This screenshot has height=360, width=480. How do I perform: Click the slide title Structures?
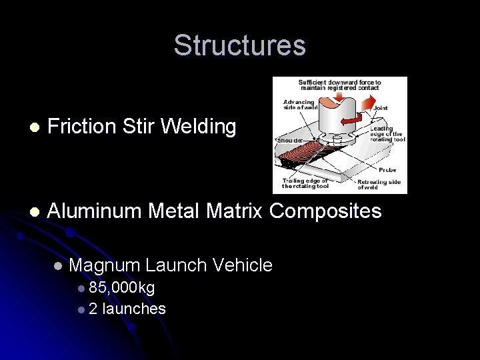coord(239,45)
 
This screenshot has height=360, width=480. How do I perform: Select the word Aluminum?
coord(95,211)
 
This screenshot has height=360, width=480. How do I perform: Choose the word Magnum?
coord(104,265)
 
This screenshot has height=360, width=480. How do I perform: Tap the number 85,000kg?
coord(121,288)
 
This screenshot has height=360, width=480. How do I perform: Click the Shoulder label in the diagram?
coord(290,141)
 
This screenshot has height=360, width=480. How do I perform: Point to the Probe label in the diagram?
coord(387,170)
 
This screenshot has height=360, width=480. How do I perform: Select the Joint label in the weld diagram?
coord(381,108)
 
